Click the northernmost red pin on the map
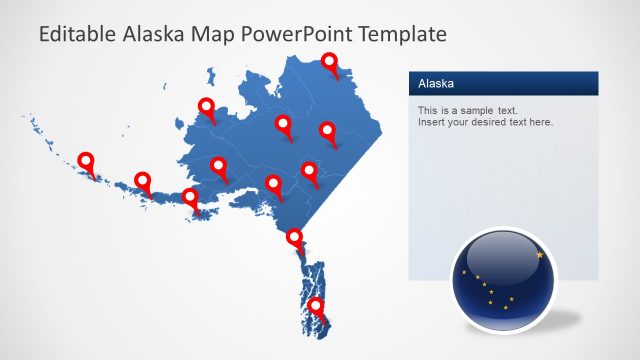pyautogui.click(x=331, y=63)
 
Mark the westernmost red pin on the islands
pyautogui.click(x=86, y=160)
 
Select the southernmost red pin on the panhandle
pyautogui.click(x=316, y=306)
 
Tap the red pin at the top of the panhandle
pyautogui.click(x=295, y=238)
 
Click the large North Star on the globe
pyautogui.click(x=541, y=255)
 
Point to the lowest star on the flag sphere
pyautogui.click(x=505, y=308)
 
